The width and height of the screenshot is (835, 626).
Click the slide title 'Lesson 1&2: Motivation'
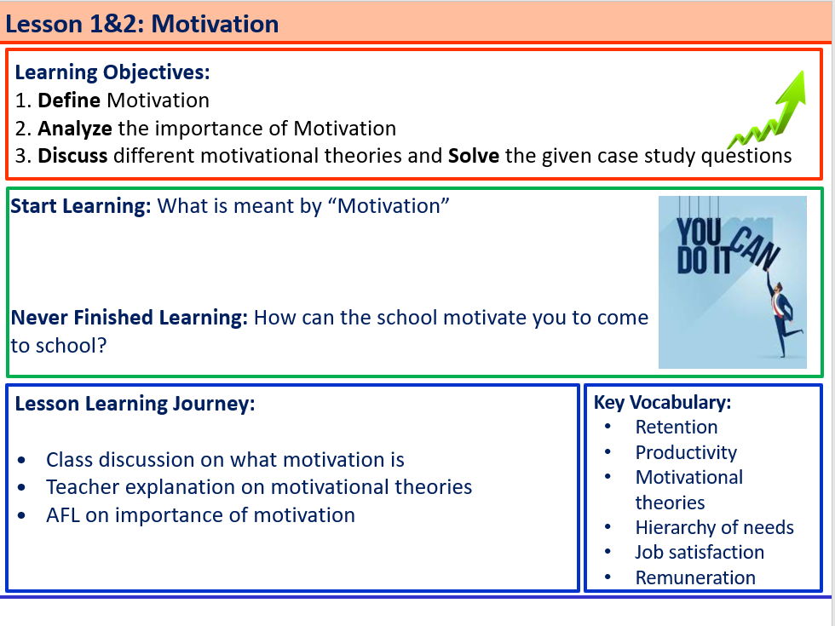142,23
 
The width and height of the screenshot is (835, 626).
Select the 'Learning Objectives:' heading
112,72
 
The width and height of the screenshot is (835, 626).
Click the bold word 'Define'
69,101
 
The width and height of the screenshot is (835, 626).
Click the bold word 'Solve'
474,156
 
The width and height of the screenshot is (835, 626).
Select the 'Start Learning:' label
82,205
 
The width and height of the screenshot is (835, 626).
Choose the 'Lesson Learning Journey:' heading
135,404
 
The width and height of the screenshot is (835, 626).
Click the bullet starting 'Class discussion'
225,460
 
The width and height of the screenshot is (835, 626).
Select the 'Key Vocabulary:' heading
662,402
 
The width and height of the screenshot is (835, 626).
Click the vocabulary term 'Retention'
677,427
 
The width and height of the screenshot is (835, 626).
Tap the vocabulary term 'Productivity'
686,452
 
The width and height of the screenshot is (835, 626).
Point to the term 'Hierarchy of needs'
714,527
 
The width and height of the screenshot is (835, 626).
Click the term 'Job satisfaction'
700,552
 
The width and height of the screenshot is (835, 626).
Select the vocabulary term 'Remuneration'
695,577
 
